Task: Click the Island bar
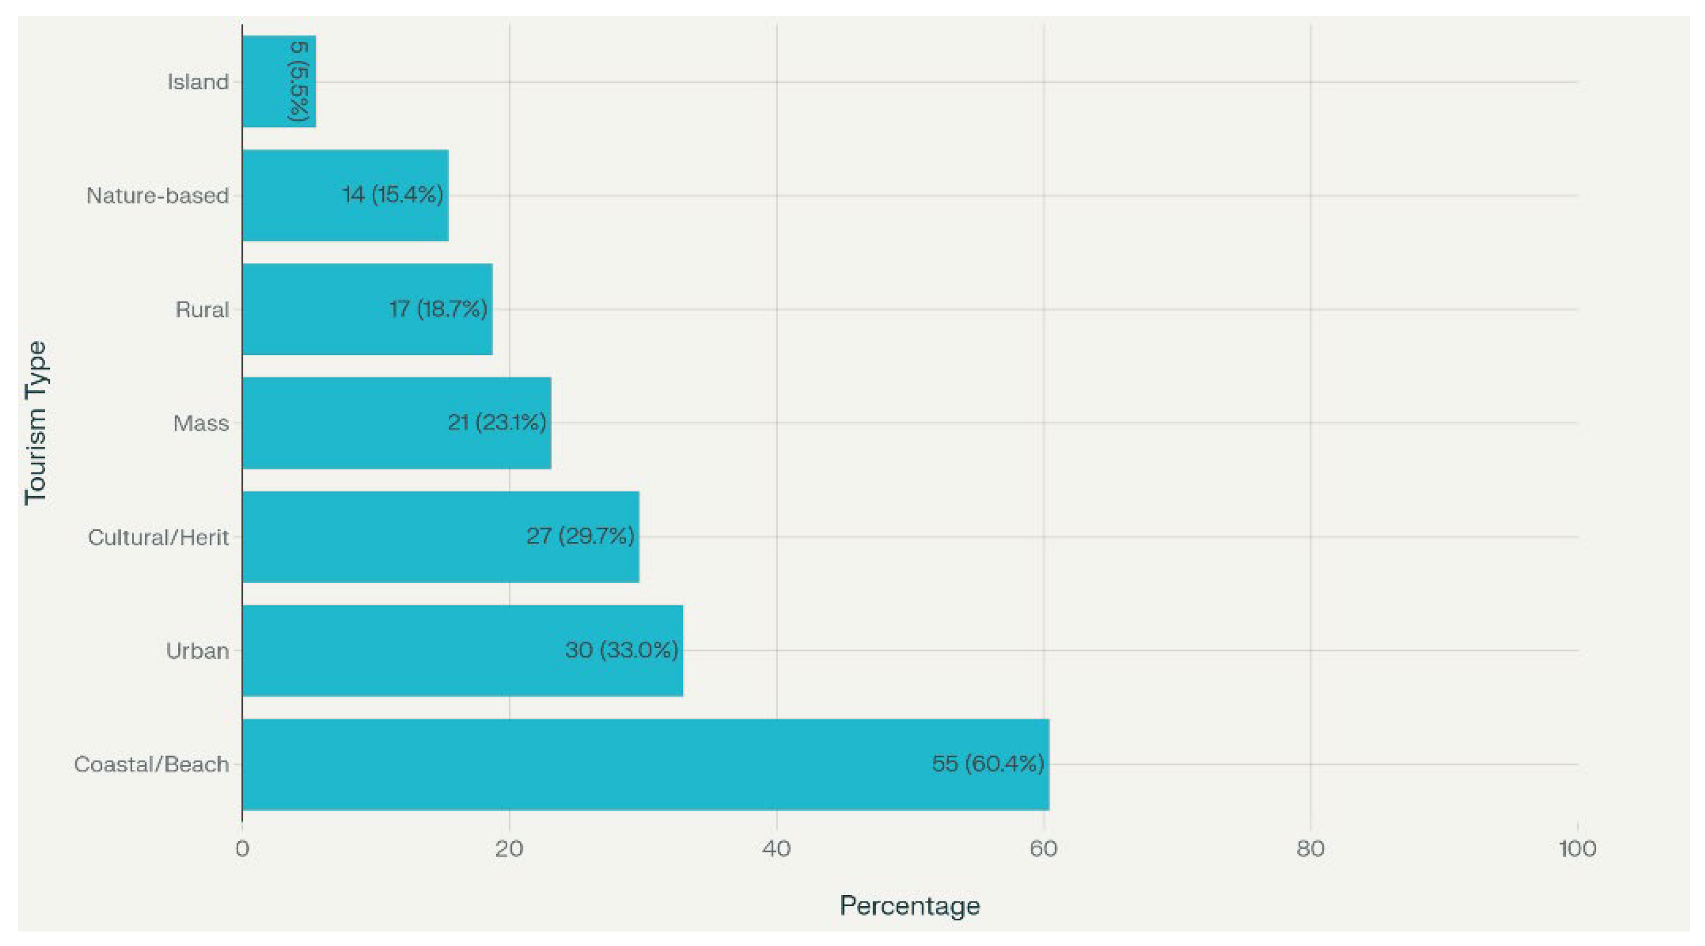pyautogui.click(x=279, y=81)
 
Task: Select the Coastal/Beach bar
pyautogui.click(x=645, y=765)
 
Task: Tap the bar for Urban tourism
pyautogui.click(x=463, y=651)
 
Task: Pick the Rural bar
pyautogui.click(x=368, y=309)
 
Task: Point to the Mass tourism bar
pyautogui.click(x=397, y=423)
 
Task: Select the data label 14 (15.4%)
pyautogui.click(x=392, y=195)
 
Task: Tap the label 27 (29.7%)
pyautogui.click(x=580, y=536)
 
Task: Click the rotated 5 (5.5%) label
pyautogui.click(x=299, y=81)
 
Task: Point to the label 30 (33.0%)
pyautogui.click(x=621, y=650)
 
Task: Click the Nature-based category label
pyautogui.click(x=158, y=196)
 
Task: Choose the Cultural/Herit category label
pyautogui.click(x=158, y=537)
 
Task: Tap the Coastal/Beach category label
pyautogui.click(x=151, y=765)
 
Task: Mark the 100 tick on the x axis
pyautogui.click(x=1578, y=849)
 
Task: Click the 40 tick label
pyautogui.click(x=776, y=849)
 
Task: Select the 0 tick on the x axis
pyautogui.click(x=242, y=849)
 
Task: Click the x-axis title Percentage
pyautogui.click(x=910, y=905)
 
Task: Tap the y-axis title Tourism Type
pyautogui.click(x=36, y=423)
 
